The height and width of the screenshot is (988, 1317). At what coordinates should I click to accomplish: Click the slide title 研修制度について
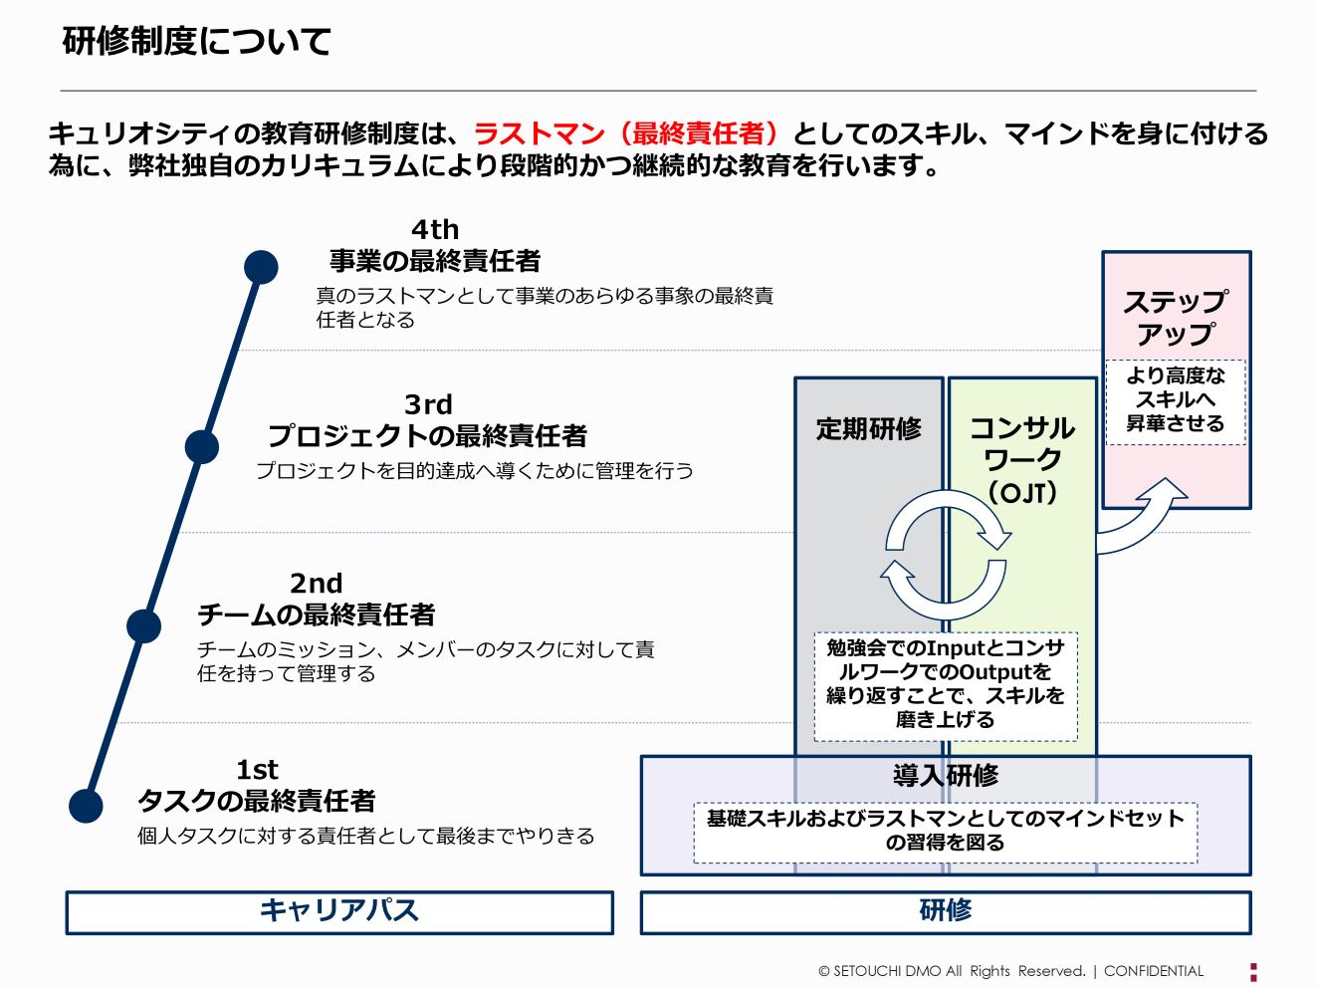point(196,42)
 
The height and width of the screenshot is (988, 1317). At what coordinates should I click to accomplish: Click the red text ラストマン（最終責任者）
point(625,133)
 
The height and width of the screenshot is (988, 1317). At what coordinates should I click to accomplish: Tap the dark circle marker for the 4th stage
point(261,267)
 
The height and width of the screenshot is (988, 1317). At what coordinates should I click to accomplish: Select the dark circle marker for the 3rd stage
point(202,447)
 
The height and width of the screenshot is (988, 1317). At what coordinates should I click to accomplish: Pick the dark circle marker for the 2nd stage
point(144,626)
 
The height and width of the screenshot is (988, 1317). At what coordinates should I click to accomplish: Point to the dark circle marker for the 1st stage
point(87,806)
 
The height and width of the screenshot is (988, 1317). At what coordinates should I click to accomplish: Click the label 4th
point(435,230)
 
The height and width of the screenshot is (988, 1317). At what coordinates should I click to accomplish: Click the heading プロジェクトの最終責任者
point(427,436)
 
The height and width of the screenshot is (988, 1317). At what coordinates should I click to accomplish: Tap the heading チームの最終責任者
point(316,616)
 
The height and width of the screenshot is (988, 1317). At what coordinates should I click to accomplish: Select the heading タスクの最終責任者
point(256,801)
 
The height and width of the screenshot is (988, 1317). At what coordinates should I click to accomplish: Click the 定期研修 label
point(868,429)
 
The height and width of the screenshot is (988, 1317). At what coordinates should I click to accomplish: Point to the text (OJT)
point(1022,493)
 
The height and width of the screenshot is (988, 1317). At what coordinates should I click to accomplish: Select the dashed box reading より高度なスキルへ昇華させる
point(1176,400)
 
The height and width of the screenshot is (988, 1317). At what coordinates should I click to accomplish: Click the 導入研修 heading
point(945,776)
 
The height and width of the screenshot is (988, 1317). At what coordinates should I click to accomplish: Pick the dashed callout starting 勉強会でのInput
point(945,685)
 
